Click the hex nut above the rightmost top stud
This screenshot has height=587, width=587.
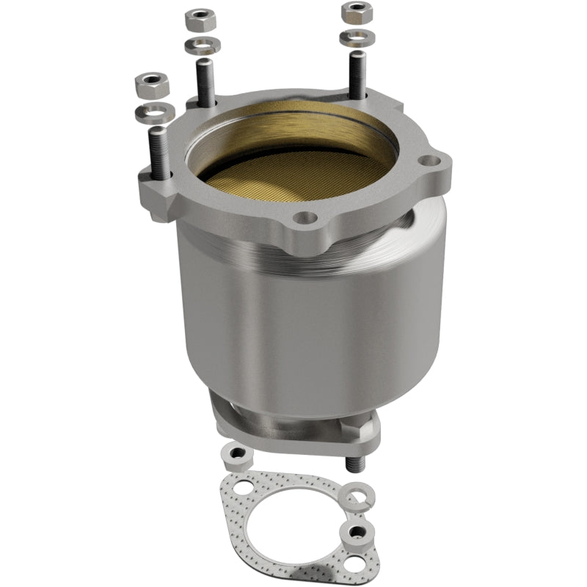(x=356, y=12)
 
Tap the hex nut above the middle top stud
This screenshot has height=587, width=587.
(x=199, y=18)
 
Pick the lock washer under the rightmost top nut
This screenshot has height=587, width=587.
(x=356, y=36)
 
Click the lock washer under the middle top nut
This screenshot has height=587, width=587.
(x=202, y=45)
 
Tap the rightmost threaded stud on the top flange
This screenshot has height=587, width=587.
(x=356, y=73)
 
